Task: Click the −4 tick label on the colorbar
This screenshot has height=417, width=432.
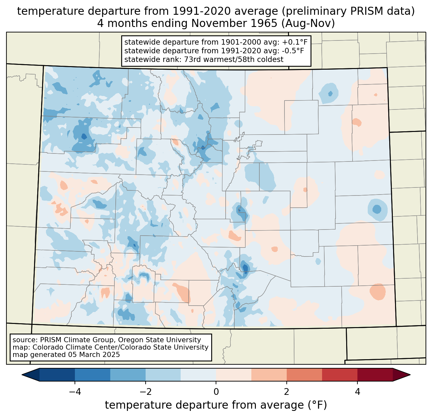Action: [75, 392]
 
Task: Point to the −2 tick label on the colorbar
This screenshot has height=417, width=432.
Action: [146, 392]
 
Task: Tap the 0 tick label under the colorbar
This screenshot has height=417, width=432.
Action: [216, 392]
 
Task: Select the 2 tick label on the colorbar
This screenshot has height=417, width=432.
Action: [287, 392]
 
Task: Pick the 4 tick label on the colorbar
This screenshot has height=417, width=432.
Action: [357, 392]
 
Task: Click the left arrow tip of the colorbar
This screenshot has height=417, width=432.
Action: [22, 375]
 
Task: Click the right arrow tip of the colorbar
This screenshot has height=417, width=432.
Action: [410, 375]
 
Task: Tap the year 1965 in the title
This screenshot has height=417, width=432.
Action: [266, 23]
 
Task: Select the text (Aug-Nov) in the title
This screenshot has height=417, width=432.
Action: [308, 23]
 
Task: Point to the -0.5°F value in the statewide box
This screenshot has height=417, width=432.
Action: [293, 51]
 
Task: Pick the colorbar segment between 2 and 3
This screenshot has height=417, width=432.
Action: [304, 375]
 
